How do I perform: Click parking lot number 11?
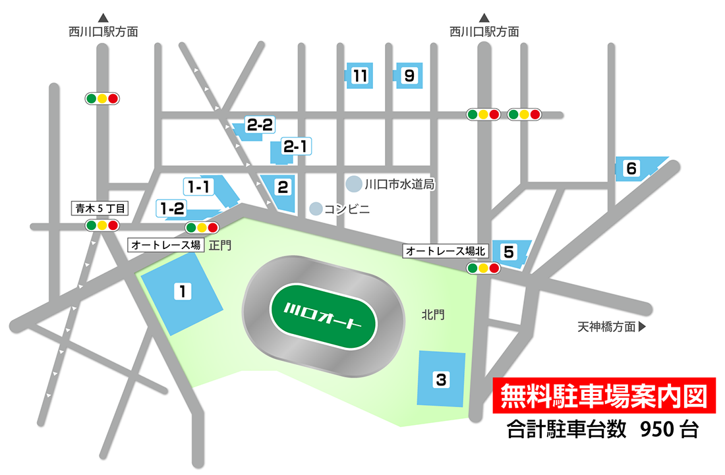(x=360, y=76)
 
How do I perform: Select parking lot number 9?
(x=409, y=76)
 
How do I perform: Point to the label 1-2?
(x=173, y=209)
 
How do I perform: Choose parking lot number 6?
(x=631, y=169)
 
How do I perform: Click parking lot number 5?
(x=509, y=252)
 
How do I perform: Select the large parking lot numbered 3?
(x=441, y=379)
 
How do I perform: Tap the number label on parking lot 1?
(x=179, y=289)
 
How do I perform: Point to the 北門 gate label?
(x=433, y=315)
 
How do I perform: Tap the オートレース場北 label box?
(x=446, y=251)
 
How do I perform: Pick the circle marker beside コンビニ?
(x=316, y=210)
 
